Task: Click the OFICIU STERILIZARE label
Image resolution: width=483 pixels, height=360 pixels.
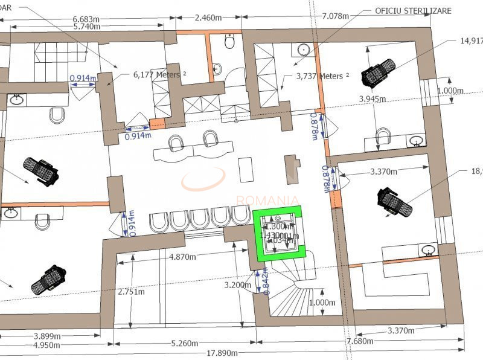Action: (x=413, y=11)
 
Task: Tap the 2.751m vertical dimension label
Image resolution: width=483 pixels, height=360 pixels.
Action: (x=130, y=292)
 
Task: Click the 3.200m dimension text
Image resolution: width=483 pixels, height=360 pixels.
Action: (x=237, y=284)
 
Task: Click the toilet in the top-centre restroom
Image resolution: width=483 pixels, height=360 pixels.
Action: (x=229, y=42)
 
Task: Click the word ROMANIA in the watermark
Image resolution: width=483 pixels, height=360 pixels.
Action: (x=267, y=200)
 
